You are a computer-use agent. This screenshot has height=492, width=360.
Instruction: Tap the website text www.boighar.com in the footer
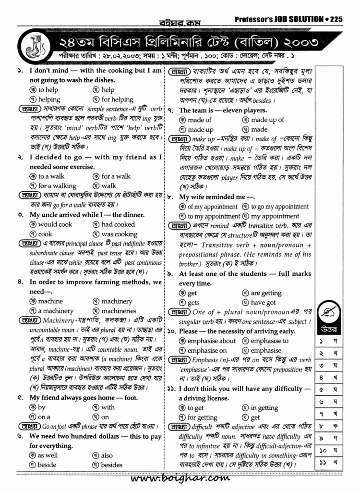click(x=180, y=479)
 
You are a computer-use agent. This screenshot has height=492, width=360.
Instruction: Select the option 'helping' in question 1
click(x=49, y=99)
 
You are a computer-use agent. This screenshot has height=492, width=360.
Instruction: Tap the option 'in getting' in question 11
click(x=264, y=408)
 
